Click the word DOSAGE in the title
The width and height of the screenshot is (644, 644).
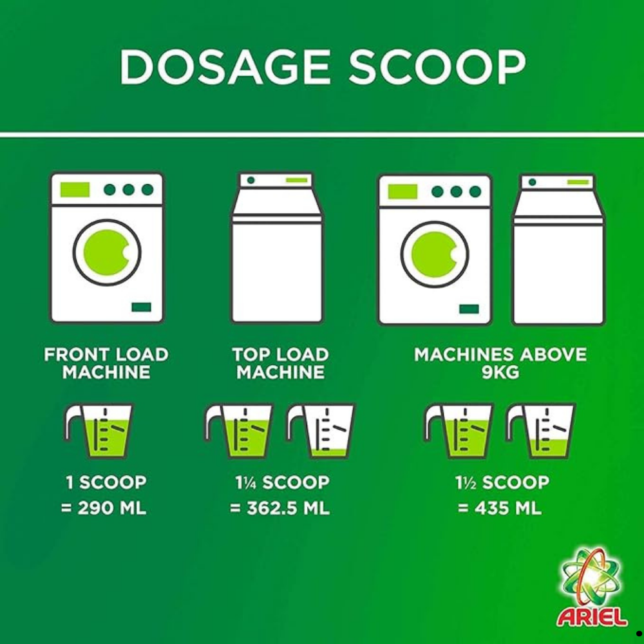coord(225,67)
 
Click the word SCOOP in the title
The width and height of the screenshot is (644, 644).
coord(437,67)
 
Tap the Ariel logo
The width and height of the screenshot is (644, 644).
coord(591,587)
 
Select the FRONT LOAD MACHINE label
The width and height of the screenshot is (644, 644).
coord(106,363)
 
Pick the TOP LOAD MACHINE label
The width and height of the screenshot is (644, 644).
coord(281,363)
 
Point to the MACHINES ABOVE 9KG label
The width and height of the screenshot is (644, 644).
coord(500,363)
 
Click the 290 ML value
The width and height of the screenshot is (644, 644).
coord(111,508)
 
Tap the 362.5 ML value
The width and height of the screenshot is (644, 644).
coord(288,508)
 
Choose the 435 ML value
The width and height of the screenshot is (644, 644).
coord(507,508)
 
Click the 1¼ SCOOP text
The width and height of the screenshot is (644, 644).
coord(282,482)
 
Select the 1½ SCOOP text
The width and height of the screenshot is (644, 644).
coord(502,482)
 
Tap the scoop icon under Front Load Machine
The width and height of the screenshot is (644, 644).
coord(99,431)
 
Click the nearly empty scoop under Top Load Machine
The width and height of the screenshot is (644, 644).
coord(321,431)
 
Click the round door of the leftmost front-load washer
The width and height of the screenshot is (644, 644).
coord(107,252)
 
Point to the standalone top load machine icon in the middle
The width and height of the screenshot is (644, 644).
coord(277,247)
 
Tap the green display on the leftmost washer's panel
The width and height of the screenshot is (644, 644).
coord(75,189)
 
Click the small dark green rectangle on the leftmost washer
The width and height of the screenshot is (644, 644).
coord(141,307)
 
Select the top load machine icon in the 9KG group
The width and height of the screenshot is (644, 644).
coord(558,249)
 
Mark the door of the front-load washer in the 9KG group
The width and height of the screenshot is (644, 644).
coord(435,254)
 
